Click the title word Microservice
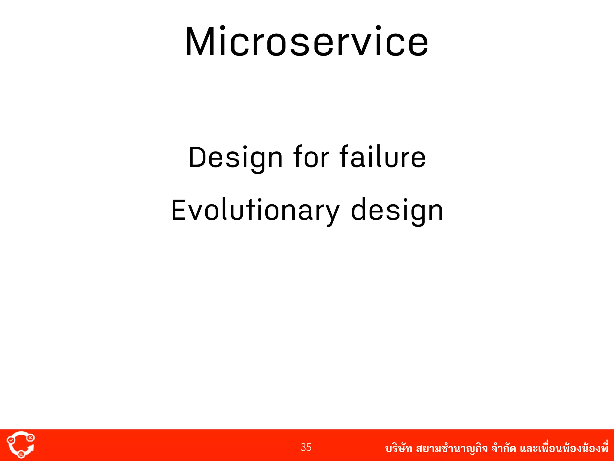point(307,42)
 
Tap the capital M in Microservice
point(200,42)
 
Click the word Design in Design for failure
point(235,158)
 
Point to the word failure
point(383,157)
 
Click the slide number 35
point(306,447)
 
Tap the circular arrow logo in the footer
point(20,445)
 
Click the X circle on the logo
point(30,438)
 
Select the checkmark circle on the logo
point(11,440)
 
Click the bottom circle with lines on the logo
point(21,454)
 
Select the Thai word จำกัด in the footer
point(504,449)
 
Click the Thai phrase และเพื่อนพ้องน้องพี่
point(564,449)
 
